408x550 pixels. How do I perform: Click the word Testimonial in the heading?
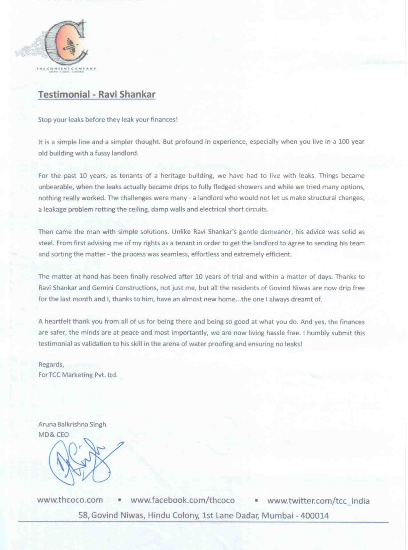point(64,94)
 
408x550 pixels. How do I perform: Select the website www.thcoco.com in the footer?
point(70,500)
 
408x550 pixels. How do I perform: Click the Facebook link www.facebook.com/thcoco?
point(182,500)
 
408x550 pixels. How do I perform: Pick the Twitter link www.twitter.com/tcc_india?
point(318,501)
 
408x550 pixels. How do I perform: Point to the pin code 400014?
point(315,515)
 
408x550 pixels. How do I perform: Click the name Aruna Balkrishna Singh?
point(72,424)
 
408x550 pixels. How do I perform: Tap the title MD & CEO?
point(53,434)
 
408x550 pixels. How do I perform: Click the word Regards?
point(51,364)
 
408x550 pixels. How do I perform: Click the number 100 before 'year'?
point(344,141)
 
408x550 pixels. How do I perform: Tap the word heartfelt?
point(57,321)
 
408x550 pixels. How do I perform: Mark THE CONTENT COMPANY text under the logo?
point(66,68)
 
